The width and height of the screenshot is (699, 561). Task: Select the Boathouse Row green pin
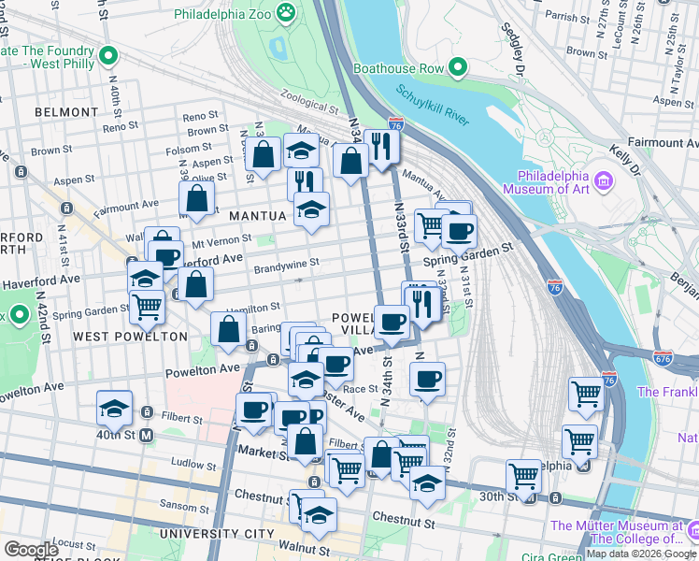tap(457, 67)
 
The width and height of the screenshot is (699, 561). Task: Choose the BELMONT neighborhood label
tap(65, 112)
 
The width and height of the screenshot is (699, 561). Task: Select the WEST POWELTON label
tap(117, 337)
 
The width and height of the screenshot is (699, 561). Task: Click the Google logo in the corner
tap(32, 550)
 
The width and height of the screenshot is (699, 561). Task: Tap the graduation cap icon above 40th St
tap(114, 408)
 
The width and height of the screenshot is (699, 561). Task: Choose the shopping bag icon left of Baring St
tap(229, 330)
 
